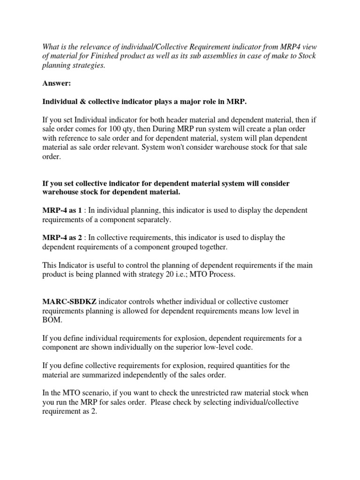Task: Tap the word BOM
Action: (51, 321)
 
